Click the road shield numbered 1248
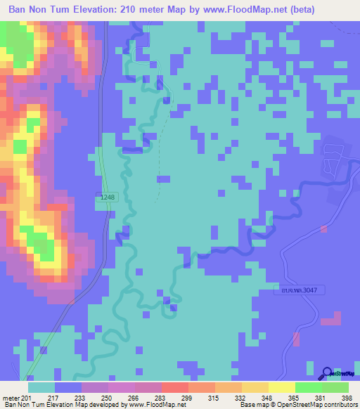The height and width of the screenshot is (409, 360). (107, 197)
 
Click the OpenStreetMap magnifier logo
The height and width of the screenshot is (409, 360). (328, 373)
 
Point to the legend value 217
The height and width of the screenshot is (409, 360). (53, 397)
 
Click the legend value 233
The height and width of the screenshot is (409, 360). (80, 397)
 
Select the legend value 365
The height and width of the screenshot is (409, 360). (294, 397)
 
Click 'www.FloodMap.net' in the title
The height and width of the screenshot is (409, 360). (239, 9)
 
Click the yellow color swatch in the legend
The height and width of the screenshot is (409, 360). (281, 387)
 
